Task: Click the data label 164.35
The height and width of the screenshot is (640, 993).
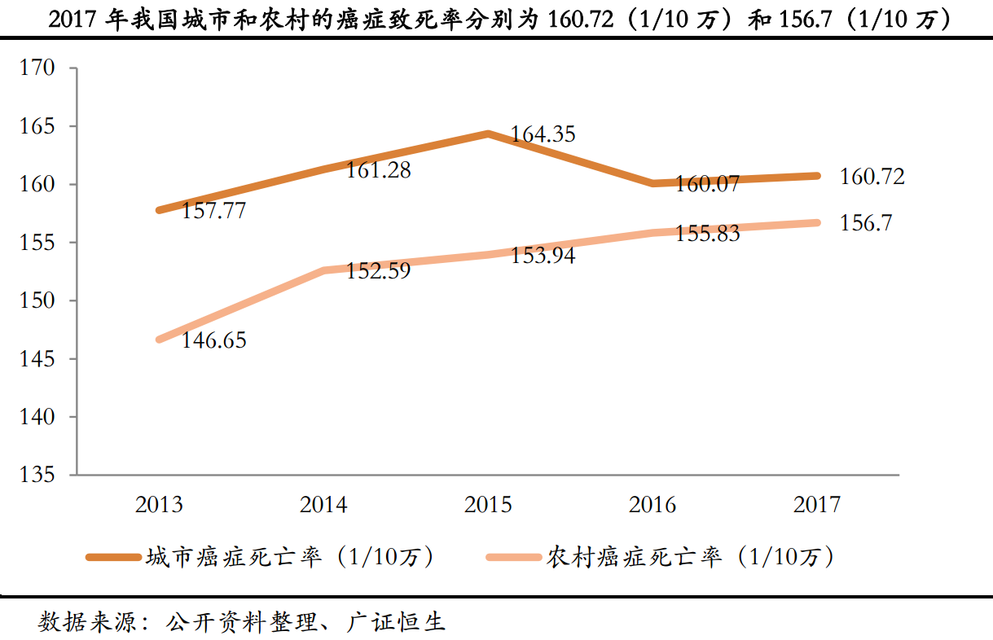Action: [543, 134]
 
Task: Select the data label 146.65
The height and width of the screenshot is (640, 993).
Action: [213, 340]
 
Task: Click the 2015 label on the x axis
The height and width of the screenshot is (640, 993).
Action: [488, 506]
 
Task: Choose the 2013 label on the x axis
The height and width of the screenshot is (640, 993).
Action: [160, 506]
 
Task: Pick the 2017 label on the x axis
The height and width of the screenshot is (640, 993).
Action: [817, 506]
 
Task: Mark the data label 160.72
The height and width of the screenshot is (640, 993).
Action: [872, 177]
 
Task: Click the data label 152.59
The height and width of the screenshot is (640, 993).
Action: [378, 270]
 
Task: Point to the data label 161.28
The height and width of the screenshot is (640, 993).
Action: [378, 171]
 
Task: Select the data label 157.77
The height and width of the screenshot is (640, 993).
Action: [213, 211]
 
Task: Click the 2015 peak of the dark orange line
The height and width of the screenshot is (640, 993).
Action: [488, 134]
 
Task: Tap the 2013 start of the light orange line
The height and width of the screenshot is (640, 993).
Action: [160, 340]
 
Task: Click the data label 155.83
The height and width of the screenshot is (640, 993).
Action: [707, 234]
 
